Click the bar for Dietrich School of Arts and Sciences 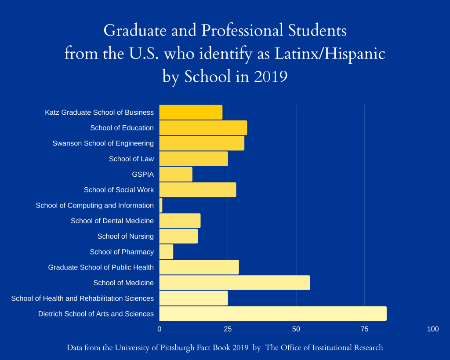point(272,314)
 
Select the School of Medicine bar point(234,283)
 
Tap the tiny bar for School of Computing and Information point(161,205)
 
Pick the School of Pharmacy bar point(166,252)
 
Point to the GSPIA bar point(175,175)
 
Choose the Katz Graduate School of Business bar point(190,113)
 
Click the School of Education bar point(203,128)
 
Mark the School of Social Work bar point(197,190)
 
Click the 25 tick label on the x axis point(228,329)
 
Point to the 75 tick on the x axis point(364,329)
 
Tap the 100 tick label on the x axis point(433,329)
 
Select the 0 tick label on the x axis point(160,329)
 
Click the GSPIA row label point(143,175)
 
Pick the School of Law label point(131,159)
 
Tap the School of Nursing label point(126,236)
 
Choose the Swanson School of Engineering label point(103,143)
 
